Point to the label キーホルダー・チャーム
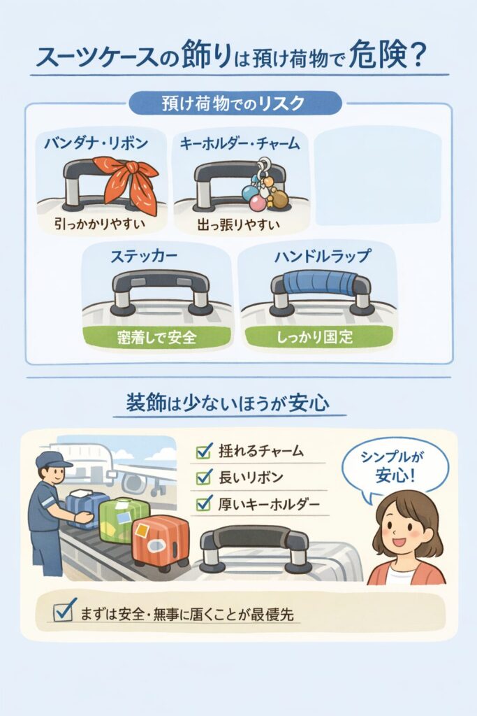pyautogui.click(x=240, y=144)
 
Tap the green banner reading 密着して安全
pyautogui.click(x=156, y=337)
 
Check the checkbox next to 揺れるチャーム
pyautogui.click(x=204, y=451)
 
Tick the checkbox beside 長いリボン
pyautogui.click(x=204, y=478)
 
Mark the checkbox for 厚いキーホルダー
pyautogui.click(x=204, y=504)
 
